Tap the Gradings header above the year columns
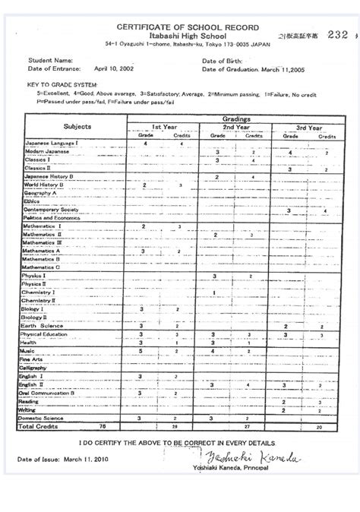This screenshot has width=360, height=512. coord(241,119)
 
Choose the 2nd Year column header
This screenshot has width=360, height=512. coord(236,128)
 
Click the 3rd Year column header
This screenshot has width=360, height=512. coord(309,128)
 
